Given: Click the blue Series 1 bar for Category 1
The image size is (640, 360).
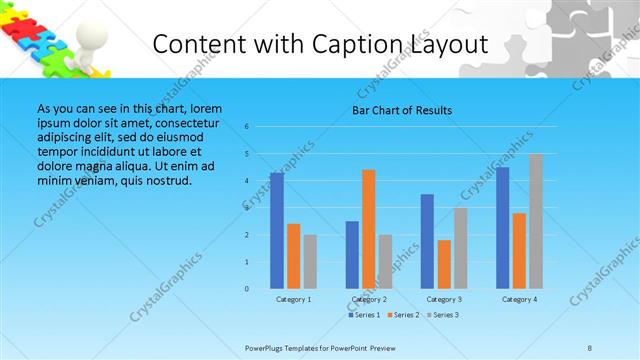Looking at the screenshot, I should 277,231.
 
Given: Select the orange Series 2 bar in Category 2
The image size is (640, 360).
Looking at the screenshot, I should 368,229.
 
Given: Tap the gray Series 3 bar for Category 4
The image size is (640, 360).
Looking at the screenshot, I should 536,221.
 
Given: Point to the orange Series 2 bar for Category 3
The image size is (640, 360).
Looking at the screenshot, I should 444,264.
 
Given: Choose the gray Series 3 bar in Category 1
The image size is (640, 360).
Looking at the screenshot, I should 310,261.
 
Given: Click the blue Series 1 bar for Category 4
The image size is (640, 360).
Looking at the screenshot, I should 502,228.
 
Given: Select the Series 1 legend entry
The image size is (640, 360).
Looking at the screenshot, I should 366,315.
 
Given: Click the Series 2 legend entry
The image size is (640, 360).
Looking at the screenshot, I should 403,315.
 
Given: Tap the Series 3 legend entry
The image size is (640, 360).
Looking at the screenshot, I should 441,315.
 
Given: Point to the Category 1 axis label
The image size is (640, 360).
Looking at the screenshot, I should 293,299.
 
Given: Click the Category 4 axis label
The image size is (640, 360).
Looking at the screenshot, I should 519,299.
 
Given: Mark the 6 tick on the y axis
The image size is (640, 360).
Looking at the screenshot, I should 246,127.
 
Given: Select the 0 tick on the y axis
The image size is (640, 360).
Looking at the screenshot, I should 246,289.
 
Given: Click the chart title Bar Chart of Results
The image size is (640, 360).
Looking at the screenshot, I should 402,110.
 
